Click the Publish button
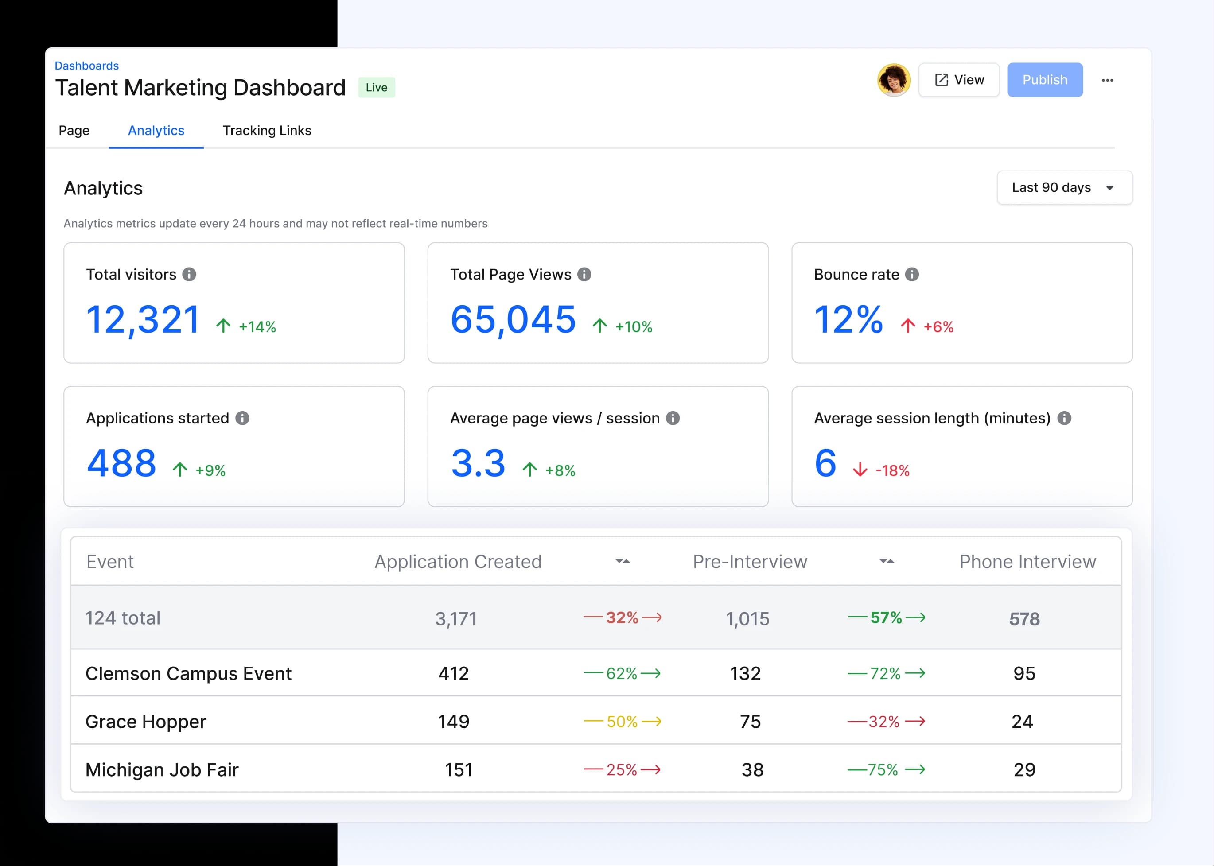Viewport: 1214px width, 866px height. (1044, 80)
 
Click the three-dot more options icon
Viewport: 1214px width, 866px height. (1107, 80)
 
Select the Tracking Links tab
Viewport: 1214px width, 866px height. (267, 131)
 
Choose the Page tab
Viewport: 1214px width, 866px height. (74, 131)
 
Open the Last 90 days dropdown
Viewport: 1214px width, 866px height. (1064, 188)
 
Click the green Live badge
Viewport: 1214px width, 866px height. (376, 87)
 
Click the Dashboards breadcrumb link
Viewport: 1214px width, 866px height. (86, 66)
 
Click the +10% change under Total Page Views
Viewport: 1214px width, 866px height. (633, 327)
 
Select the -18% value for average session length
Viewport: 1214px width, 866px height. (892, 470)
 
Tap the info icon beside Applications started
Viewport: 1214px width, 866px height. (242, 418)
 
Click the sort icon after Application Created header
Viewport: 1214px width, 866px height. (623, 562)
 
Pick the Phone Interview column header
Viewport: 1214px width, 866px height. (1027, 562)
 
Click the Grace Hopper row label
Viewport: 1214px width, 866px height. (146, 722)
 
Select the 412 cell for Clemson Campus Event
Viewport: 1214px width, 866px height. (453, 673)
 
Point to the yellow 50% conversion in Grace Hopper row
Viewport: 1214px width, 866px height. (622, 722)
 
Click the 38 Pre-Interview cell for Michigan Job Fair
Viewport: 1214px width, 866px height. (752, 769)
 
